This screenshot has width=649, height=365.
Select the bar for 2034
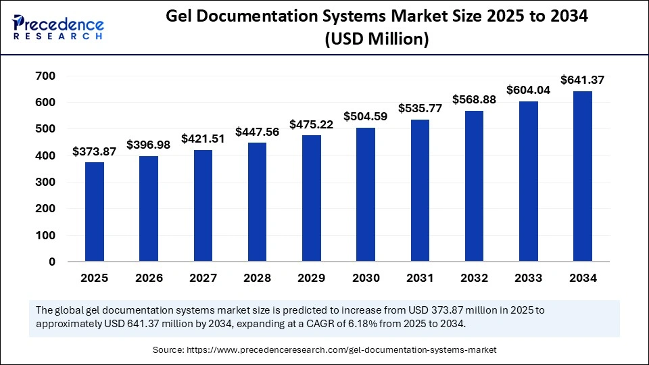(582, 176)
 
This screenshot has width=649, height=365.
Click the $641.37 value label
(582, 80)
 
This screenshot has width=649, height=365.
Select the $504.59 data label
(366, 116)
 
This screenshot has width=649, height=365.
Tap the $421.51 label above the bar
(203, 139)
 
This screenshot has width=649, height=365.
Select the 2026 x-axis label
(149, 278)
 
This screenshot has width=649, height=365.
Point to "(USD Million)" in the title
(377, 41)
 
